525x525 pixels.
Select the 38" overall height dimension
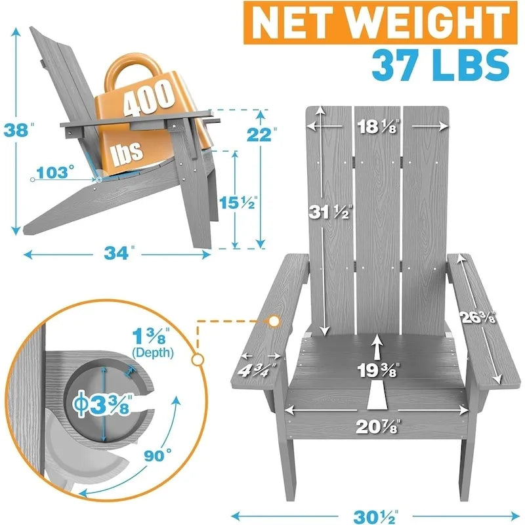pyautogui.click(x=18, y=130)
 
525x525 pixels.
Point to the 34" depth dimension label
pyautogui.click(x=119, y=253)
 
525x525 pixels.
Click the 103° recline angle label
pyautogui.click(x=55, y=173)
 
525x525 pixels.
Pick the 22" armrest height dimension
pyautogui.click(x=261, y=135)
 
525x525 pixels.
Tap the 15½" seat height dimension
pyautogui.click(x=238, y=202)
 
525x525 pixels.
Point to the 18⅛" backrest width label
pyautogui.click(x=379, y=126)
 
